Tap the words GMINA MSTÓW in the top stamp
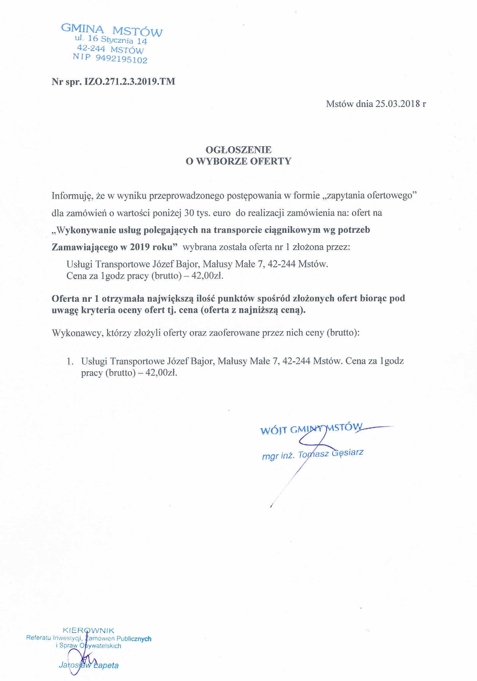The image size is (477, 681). [112, 31]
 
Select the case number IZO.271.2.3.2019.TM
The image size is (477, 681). [130, 81]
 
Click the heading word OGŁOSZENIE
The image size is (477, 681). [239, 149]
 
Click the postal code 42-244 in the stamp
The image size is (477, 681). [91, 48]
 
